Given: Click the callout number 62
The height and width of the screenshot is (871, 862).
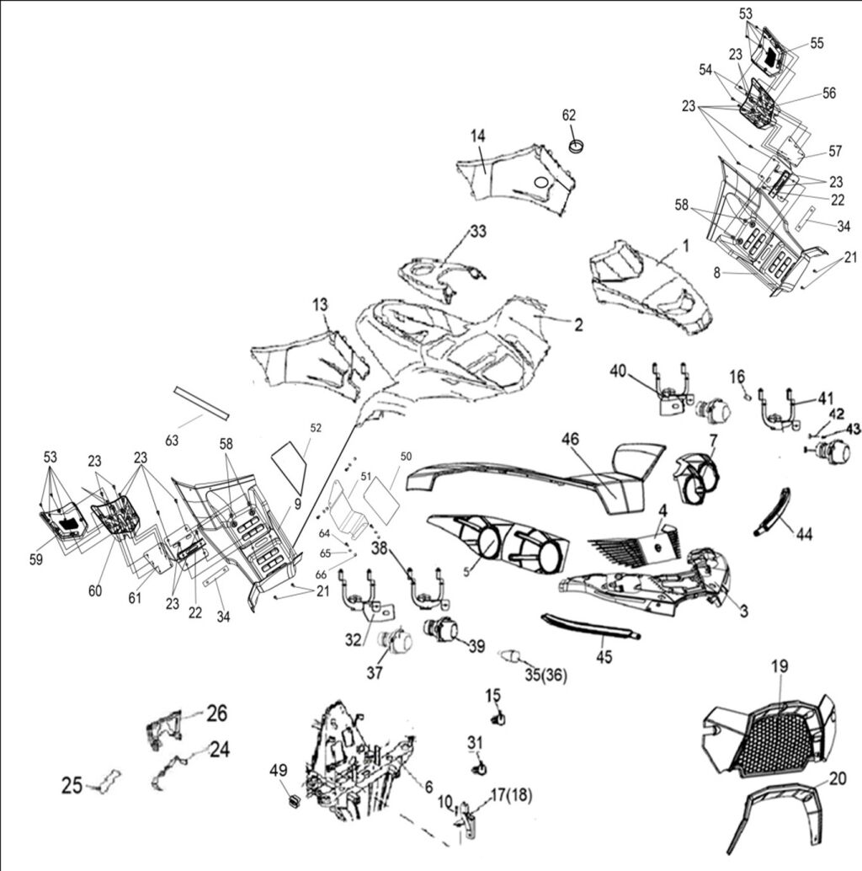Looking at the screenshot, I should pyautogui.click(x=570, y=115).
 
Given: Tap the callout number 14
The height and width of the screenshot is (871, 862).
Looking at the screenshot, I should pyautogui.click(x=478, y=135).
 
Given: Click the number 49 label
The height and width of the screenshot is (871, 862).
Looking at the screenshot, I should pyautogui.click(x=279, y=771).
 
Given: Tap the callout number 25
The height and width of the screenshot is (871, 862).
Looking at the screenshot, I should pyautogui.click(x=72, y=786).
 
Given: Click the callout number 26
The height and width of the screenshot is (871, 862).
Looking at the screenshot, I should pyautogui.click(x=216, y=713).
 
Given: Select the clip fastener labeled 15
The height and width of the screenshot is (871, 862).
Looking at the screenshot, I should pyautogui.click(x=498, y=719).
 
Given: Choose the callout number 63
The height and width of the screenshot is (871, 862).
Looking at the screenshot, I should pyautogui.click(x=173, y=440).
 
